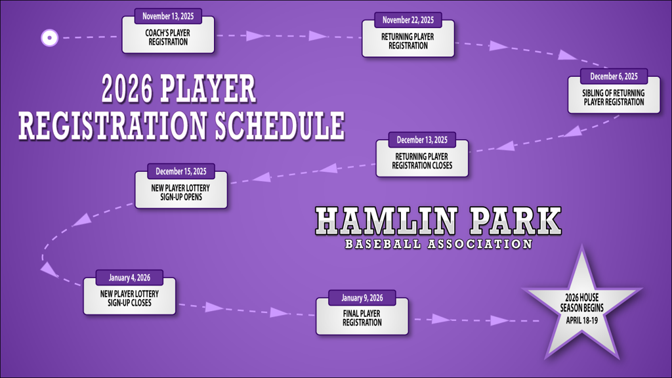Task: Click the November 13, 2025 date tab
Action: tap(167, 16)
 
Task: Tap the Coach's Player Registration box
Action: tap(167, 37)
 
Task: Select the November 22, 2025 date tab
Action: tap(408, 20)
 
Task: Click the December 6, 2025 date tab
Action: tap(614, 77)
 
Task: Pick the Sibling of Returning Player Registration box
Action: tap(614, 98)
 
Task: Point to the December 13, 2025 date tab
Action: tap(422, 140)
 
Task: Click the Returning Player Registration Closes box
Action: tap(422, 161)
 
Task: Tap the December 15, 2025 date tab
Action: tap(181, 172)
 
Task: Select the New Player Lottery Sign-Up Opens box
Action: tap(181, 193)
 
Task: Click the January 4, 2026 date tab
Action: tap(130, 278)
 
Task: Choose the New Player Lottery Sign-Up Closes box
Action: tap(130, 299)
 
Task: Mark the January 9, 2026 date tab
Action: tap(362, 298)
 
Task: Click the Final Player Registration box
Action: tap(362, 318)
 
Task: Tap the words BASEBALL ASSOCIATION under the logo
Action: tap(438, 245)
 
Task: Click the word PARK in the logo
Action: tap(517, 222)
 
